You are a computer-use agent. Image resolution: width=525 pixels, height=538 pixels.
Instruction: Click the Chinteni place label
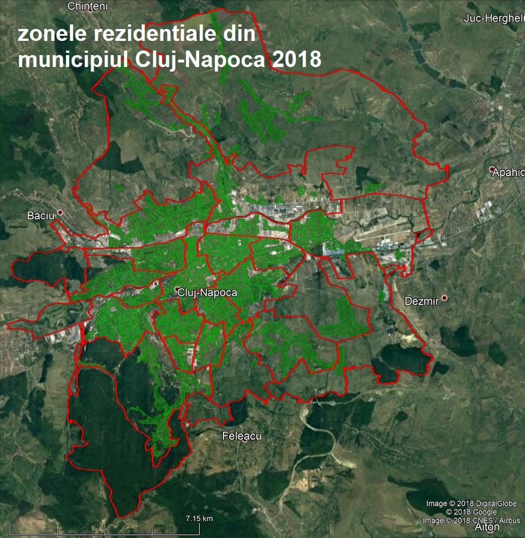tap(86, 6)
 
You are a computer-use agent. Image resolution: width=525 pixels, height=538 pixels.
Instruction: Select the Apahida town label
tap(509, 171)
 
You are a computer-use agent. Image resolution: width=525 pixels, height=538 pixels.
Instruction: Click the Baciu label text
tap(40, 216)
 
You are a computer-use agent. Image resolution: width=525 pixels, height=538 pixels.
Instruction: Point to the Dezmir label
tap(421, 301)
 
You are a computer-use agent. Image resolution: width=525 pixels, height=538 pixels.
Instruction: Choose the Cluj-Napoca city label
tap(207, 293)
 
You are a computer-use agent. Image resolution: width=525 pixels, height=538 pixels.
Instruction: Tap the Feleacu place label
tap(241, 436)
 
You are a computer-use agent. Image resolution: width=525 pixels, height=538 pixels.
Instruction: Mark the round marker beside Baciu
tap(60, 212)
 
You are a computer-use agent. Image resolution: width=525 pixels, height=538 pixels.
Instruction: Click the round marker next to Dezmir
tap(445, 298)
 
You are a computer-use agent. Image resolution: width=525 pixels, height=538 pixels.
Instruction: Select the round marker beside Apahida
tap(491, 169)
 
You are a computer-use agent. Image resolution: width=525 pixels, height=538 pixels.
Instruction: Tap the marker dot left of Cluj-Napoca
tap(177, 288)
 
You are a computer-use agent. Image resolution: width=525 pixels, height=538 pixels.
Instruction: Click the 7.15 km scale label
tap(199, 518)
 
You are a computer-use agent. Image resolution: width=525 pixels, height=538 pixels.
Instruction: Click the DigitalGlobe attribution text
tap(471, 504)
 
